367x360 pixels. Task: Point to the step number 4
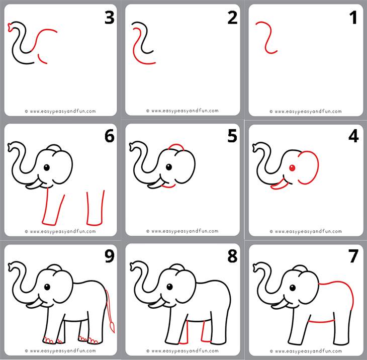353,136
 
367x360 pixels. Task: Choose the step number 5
232,136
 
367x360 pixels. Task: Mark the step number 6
109,136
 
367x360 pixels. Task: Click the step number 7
353,256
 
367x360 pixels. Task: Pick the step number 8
232,256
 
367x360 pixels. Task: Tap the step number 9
109,256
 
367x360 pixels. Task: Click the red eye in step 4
292,168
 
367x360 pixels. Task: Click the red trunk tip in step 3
10,27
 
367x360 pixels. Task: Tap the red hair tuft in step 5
175,147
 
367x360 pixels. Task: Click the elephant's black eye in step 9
47,287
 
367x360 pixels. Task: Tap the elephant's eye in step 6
47,167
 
